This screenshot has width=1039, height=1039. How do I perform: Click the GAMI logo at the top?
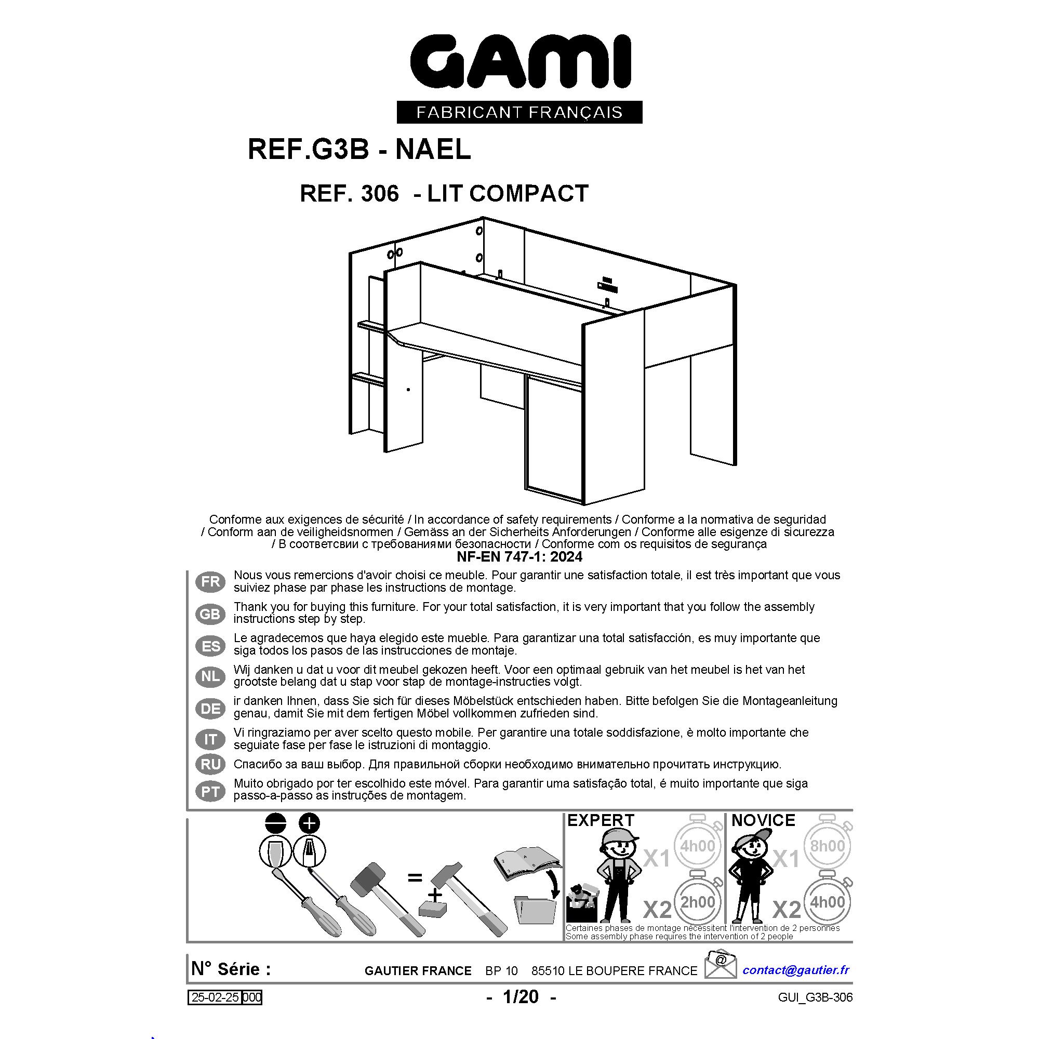(x=520, y=61)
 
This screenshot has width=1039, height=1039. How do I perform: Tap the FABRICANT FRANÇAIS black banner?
(x=519, y=112)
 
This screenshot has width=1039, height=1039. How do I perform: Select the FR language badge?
(x=210, y=581)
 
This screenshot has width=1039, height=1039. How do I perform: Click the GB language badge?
(x=210, y=614)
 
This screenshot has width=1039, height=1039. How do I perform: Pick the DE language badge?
(x=210, y=708)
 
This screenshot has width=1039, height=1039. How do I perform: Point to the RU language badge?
(x=210, y=764)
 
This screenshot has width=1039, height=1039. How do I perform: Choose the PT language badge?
(x=210, y=792)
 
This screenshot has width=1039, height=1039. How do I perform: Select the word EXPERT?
(x=601, y=820)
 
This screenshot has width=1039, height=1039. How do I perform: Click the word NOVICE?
(x=763, y=820)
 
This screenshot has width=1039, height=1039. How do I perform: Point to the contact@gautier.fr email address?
(x=796, y=969)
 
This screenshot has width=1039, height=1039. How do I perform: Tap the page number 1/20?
(x=521, y=996)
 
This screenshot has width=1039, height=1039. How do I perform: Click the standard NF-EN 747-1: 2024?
(x=519, y=556)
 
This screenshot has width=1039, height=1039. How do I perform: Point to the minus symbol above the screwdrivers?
(x=275, y=823)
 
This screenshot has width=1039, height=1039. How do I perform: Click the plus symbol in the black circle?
(x=309, y=823)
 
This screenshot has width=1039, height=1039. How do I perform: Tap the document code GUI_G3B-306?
(x=815, y=997)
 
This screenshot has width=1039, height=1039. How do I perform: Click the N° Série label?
(x=231, y=969)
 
